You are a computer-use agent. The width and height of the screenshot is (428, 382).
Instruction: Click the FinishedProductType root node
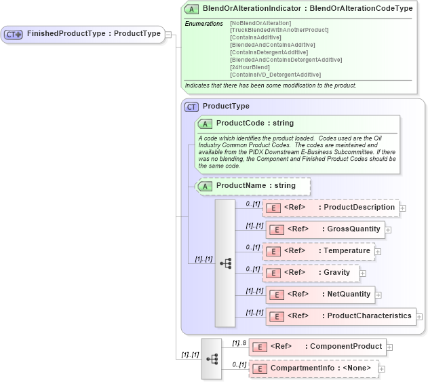pyautogui.click(x=83, y=34)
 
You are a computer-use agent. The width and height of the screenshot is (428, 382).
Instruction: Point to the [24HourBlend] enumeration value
pyautogui.click(x=250, y=67)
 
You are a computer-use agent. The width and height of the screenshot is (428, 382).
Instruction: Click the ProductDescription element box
pyautogui.click(x=331, y=208)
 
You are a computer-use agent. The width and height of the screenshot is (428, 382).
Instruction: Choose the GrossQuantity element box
pyautogui.click(x=325, y=229)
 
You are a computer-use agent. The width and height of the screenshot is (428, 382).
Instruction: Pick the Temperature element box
pyautogui.click(x=318, y=251)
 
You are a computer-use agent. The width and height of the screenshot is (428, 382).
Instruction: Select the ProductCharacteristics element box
pyautogui.click(x=341, y=316)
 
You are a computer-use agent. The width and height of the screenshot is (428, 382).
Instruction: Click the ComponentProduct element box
pyautogui.click(x=317, y=347)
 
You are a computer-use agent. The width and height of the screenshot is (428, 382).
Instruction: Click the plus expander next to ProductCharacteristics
pyautogui.click(x=420, y=317)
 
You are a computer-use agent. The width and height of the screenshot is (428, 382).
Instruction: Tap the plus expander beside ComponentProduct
pyautogui.click(x=389, y=347)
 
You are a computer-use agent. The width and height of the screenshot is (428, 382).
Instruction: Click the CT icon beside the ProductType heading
pyautogui.click(x=192, y=107)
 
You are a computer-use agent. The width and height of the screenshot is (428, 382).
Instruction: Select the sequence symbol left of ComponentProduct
pyautogui.click(x=211, y=358)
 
